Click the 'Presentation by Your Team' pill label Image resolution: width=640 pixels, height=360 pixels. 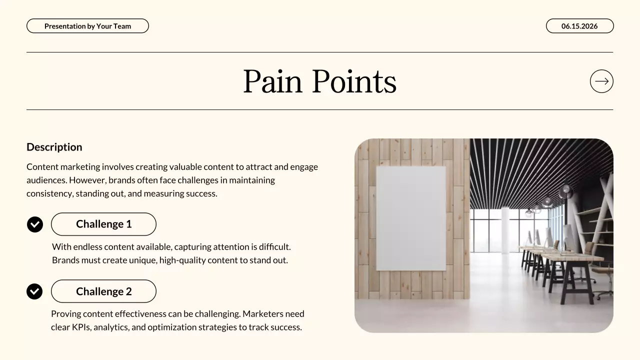tap(87, 26)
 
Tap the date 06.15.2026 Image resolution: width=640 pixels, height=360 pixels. tap(579, 26)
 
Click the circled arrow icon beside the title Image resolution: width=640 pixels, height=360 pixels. tap(601, 81)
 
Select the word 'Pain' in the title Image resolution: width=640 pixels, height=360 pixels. tap(272, 81)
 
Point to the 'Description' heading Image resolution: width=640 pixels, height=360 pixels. tap(54, 147)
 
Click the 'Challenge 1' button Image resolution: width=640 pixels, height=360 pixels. tap(103, 224)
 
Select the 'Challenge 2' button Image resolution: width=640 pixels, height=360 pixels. tap(103, 291)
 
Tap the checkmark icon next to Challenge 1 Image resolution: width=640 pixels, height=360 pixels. tap(35, 224)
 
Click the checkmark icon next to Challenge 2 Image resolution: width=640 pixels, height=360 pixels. tap(34, 291)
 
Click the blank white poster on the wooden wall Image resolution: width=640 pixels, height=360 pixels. tap(410, 218)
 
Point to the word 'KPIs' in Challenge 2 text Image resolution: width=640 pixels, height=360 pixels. tap(79, 327)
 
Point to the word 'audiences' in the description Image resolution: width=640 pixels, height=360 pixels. tap(46, 180)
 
